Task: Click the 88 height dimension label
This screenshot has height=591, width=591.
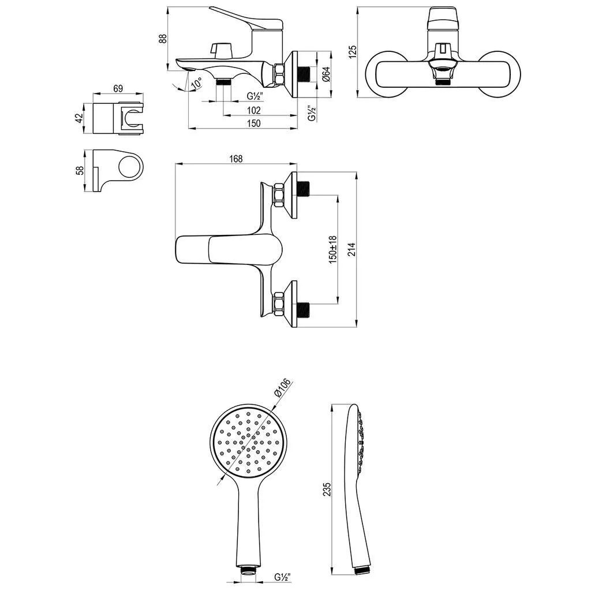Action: (x=162, y=39)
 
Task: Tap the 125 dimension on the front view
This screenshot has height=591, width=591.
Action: (x=353, y=52)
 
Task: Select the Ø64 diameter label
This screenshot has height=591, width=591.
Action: (x=327, y=74)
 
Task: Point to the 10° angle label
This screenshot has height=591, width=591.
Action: (x=196, y=84)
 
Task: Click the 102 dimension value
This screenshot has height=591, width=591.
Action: (x=254, y=110)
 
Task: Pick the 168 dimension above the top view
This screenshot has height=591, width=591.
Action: (x=236, y=159)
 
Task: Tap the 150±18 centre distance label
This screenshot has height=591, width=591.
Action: (x=333, y=249)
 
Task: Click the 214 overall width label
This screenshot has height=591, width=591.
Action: (x=351, y=249)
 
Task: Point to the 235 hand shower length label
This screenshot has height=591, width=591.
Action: (x=327, y=489)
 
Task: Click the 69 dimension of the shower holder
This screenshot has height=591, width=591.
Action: (x=118, y=88)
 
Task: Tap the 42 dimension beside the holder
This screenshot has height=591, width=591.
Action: (x=79, y=118)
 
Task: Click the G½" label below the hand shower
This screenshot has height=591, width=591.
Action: (x=283, y=577)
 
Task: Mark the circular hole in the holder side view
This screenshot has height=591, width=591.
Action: (x=129, y=166)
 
